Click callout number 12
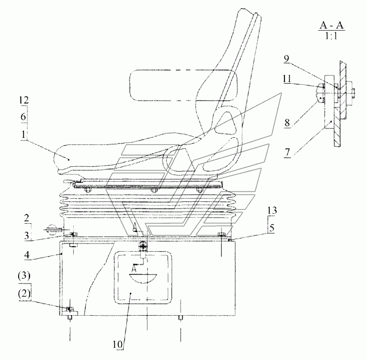[x=24, y=100]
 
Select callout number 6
[x=24, y=117]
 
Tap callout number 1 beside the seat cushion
[x=23, y=135]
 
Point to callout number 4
[x=27, y=254]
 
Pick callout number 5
[x=272, y=228]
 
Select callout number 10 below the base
[x=118, y=344]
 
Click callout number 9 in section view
[x=287, y=59]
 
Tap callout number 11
[x=287, y=79]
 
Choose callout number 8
[x=287, y=122]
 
